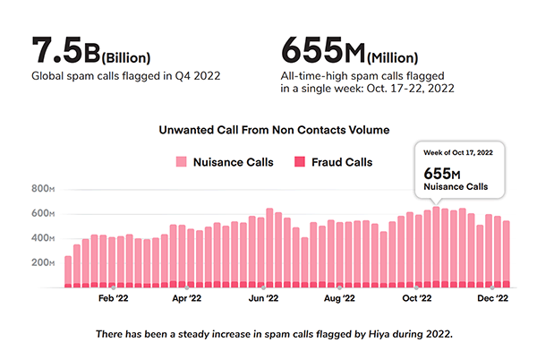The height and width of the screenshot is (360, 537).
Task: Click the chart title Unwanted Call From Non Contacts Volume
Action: point(273,130)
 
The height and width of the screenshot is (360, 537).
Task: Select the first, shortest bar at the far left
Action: point(68,271)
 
